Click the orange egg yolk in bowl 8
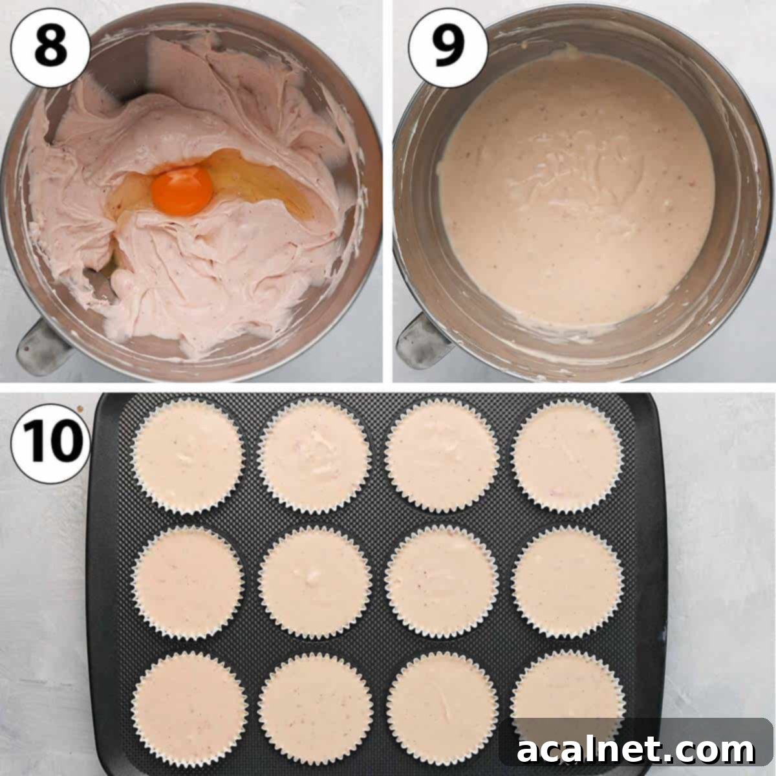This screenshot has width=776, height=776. coord(182,192)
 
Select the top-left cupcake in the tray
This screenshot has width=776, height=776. coord(188,456)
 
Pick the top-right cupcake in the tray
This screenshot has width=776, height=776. coord(568,456)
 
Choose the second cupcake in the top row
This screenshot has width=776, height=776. coord(315,456)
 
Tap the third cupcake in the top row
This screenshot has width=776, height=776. coord(442,456)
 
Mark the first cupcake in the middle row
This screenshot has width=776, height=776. coord(188,582)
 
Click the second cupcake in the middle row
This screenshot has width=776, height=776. coord(315,582)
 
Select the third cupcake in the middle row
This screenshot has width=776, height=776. coord(442,582)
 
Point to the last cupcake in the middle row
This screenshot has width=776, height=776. coord(568,582)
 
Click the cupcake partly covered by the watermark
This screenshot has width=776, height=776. coord(568,692)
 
